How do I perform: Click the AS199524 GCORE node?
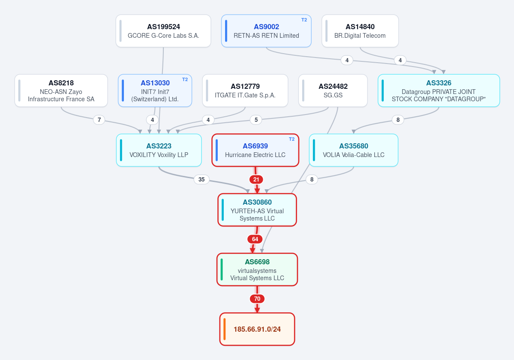point(163,31)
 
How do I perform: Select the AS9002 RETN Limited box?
point(266,31)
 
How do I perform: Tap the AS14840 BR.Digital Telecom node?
point(360,31)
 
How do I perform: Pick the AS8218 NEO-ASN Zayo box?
point(61,91)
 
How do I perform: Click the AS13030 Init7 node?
point(155,91)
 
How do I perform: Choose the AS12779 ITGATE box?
point(245,91)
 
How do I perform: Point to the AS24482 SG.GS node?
point(333,91)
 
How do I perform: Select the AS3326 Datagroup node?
point(439,91)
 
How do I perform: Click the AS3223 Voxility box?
point(159,150)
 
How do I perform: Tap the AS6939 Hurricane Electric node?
point(255,150)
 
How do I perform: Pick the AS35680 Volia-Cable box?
point(354,150)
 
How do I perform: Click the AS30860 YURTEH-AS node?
point(257,210)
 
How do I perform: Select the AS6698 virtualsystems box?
point(257,269)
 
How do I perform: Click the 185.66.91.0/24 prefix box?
point(257,329)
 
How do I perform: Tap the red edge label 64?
point(255,239)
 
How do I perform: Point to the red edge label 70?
point(257,299)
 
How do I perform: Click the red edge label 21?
point(256,179)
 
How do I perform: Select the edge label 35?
point(201,179)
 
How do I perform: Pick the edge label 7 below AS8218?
point(99,120)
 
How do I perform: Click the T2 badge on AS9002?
point(304,20)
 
